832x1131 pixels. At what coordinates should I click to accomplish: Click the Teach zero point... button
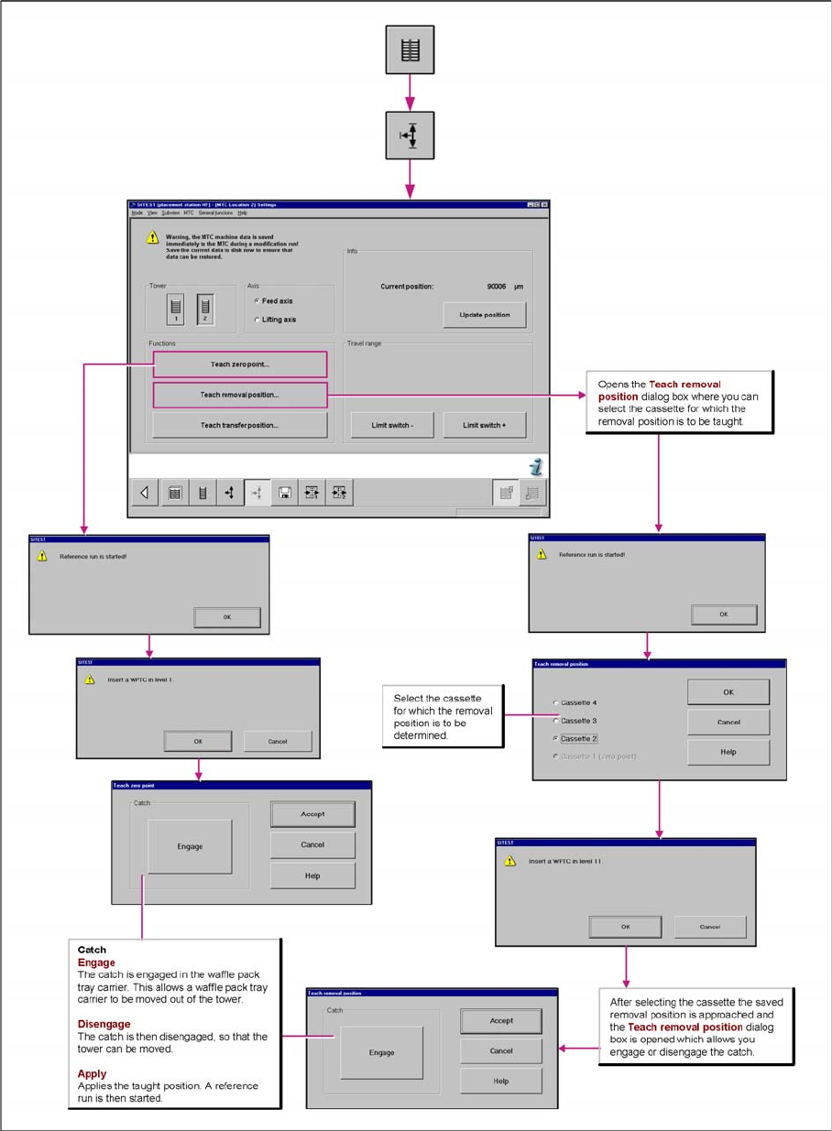pos(239,364)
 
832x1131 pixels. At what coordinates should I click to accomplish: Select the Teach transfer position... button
pos(239,425)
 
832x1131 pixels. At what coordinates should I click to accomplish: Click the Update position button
pos(485,314)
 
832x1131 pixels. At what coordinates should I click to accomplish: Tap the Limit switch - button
pos(393,425)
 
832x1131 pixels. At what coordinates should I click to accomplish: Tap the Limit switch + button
pos(485,425)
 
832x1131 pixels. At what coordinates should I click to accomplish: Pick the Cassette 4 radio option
pos(556,703)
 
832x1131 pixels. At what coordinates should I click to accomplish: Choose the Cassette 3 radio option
pos(556,721)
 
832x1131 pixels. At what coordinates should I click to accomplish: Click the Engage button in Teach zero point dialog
pos(190,846)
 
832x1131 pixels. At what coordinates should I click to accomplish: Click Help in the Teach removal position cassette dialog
pos(728,752)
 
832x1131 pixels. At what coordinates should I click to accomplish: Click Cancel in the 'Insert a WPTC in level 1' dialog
pos(278,741)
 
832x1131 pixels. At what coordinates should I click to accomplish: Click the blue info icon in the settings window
pos(536,467)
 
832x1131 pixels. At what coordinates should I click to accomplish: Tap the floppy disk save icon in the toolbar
pos(285,493)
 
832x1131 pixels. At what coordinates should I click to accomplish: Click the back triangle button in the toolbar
pos(145,493)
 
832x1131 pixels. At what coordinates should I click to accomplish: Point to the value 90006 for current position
pos(498,287)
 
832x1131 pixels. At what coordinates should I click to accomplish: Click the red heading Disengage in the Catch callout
pos(104,1024)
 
